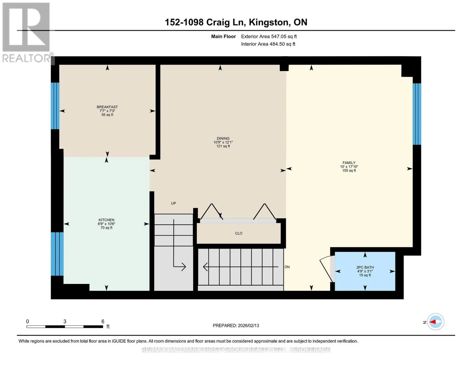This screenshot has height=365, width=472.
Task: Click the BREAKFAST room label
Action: pyautogui.click(x=107, y=107)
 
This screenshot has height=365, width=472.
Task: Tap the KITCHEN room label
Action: pyautogui.click(x=106, y=220)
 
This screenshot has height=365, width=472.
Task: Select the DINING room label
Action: pyautogui.click(x=223, y=138)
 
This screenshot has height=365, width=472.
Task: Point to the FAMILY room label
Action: pyautogui.click(x=349, y=163)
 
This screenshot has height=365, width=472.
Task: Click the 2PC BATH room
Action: pyautogui.click(x=365, y=271)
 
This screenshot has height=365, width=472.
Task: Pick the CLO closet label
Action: pyautogui.click(x=239, y=233)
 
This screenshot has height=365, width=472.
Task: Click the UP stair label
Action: pyautogui.click(x=173, y=203)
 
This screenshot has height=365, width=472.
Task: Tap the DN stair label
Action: pyautogui.click(x=287, y=267)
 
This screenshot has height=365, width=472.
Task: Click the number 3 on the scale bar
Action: pyautogui.click(x=65, y=321)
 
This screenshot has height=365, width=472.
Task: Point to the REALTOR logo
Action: pyautogui.click(x=26, y=33)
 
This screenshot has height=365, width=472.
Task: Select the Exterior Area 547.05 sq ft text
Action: pyautogui.click(x=269, y=36)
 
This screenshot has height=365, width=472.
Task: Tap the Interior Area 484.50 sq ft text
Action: pyautogui.click(x=268, y=44)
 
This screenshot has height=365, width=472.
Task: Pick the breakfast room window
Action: pyautogui.click(x=55, y=106)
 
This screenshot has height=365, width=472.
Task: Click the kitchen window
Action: pyautogui.click(x=57, y=254)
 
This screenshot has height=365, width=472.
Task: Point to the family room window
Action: pyautogui.click(x=417, y=114)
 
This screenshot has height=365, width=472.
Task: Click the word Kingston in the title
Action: pyautogui.click(x=268, y=23)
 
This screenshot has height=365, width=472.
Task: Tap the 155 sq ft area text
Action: pyautogui.click(x=349, y=171)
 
